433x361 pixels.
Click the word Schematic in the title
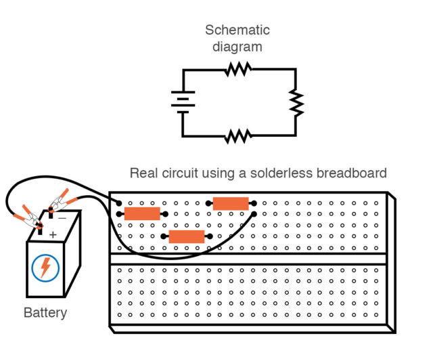point(237,30)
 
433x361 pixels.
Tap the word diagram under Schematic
point(237,47)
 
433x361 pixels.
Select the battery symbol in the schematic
point(183,102)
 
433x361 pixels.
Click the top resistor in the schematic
point(238,68)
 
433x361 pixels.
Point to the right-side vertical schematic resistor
point(296,102)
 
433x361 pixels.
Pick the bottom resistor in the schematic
point(238,136)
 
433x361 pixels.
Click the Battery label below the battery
point(45,313)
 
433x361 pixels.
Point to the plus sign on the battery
point(53,234)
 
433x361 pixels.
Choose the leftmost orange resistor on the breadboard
point(142,214)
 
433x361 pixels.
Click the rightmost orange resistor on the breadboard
point(231,203)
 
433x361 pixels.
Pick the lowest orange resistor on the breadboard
point(186,236)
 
